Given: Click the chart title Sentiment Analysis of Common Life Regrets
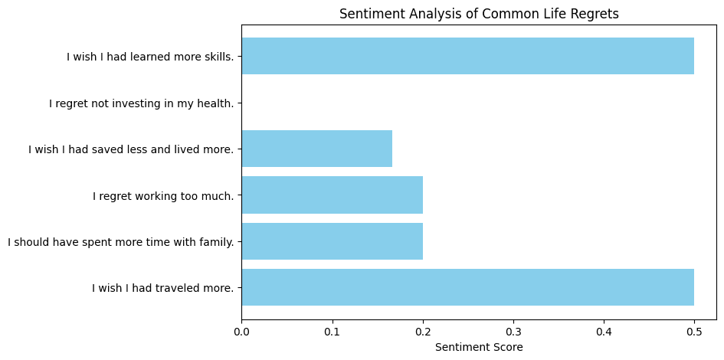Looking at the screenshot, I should click(479, 14).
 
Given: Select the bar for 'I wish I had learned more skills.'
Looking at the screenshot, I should click(467, 56).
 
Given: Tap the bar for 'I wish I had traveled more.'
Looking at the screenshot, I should click(467, 287).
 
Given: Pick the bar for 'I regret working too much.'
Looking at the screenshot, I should click(332, 195).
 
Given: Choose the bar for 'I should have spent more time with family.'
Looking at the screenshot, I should click(332, 241).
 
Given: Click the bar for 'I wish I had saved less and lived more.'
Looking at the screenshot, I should click(316, 149).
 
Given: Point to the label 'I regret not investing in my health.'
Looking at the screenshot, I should click(142, 103).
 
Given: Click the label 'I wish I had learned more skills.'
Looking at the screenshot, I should click(150, 56).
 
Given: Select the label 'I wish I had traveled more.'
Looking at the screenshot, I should click(162, 288).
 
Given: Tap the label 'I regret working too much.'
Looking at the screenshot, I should click(163, 195).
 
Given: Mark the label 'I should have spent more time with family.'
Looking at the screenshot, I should click(121, 242).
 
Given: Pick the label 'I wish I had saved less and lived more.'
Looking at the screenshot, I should click(131, 149).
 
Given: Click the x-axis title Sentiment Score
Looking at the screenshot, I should click(479, 347).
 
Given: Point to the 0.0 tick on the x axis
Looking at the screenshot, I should click(241, 331).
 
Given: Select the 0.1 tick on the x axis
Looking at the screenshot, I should click(332, 331).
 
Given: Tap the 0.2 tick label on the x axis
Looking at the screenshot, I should click(422, 331).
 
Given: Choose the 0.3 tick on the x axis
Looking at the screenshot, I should click(513, 331).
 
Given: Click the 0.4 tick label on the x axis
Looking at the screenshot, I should click(604, 331).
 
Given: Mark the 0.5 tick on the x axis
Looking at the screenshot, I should click(694, 331).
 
